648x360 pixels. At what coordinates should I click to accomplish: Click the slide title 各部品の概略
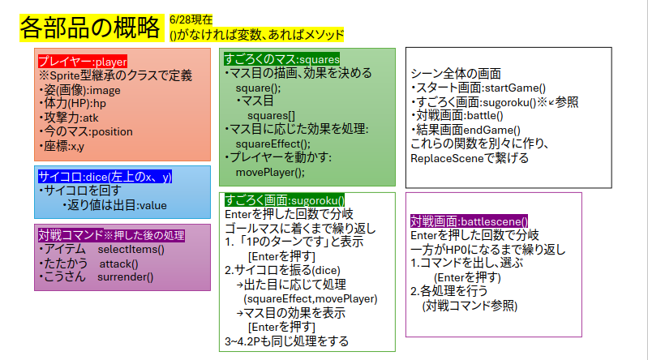[x=90, y=28]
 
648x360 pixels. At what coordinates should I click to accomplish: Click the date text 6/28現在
[x=191, y=19]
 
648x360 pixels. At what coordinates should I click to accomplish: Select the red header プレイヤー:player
[x=83, y=62]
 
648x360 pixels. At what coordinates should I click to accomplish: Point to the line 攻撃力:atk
[x=69, y=118]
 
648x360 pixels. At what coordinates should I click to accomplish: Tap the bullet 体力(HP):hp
[x=73, y=103]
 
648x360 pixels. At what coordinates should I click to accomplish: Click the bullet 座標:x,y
[x=62, y=146]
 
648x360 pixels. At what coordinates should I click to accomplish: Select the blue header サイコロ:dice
[x=105, y=177]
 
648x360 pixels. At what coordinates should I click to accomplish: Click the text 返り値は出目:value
[x=115, y=205]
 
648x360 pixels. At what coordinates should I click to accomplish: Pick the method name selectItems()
[x=131, y=250]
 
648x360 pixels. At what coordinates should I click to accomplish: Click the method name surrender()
[x=125, y=277]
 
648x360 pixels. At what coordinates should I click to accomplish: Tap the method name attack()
[x=118, y=264]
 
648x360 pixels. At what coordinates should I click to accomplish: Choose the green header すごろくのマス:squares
[x=282, y=59]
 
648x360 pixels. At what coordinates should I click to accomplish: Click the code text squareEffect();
[x=273, y=144]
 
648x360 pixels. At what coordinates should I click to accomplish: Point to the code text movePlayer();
[x=270, y=172]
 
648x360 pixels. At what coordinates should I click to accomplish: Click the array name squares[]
[x=271, y=116]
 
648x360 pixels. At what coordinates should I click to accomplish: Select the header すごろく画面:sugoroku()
[x=285, y=200]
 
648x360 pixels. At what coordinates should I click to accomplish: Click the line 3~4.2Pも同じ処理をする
[x=287, y=341]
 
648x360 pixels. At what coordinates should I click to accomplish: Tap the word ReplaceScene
[x=441, y=158]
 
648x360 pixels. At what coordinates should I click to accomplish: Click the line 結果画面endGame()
[x=466, y=130]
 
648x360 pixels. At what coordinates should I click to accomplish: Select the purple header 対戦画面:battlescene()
[x=469, y=221]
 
